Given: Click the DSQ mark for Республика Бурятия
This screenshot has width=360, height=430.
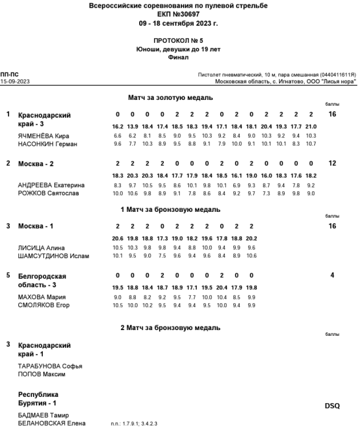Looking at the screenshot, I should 333,406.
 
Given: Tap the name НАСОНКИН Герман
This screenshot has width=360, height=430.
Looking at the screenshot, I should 44,143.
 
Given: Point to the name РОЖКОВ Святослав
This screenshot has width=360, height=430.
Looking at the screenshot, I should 45,193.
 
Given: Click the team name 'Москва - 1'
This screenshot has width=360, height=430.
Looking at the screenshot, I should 36,226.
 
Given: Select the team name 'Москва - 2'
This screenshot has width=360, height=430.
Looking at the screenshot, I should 36,164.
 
